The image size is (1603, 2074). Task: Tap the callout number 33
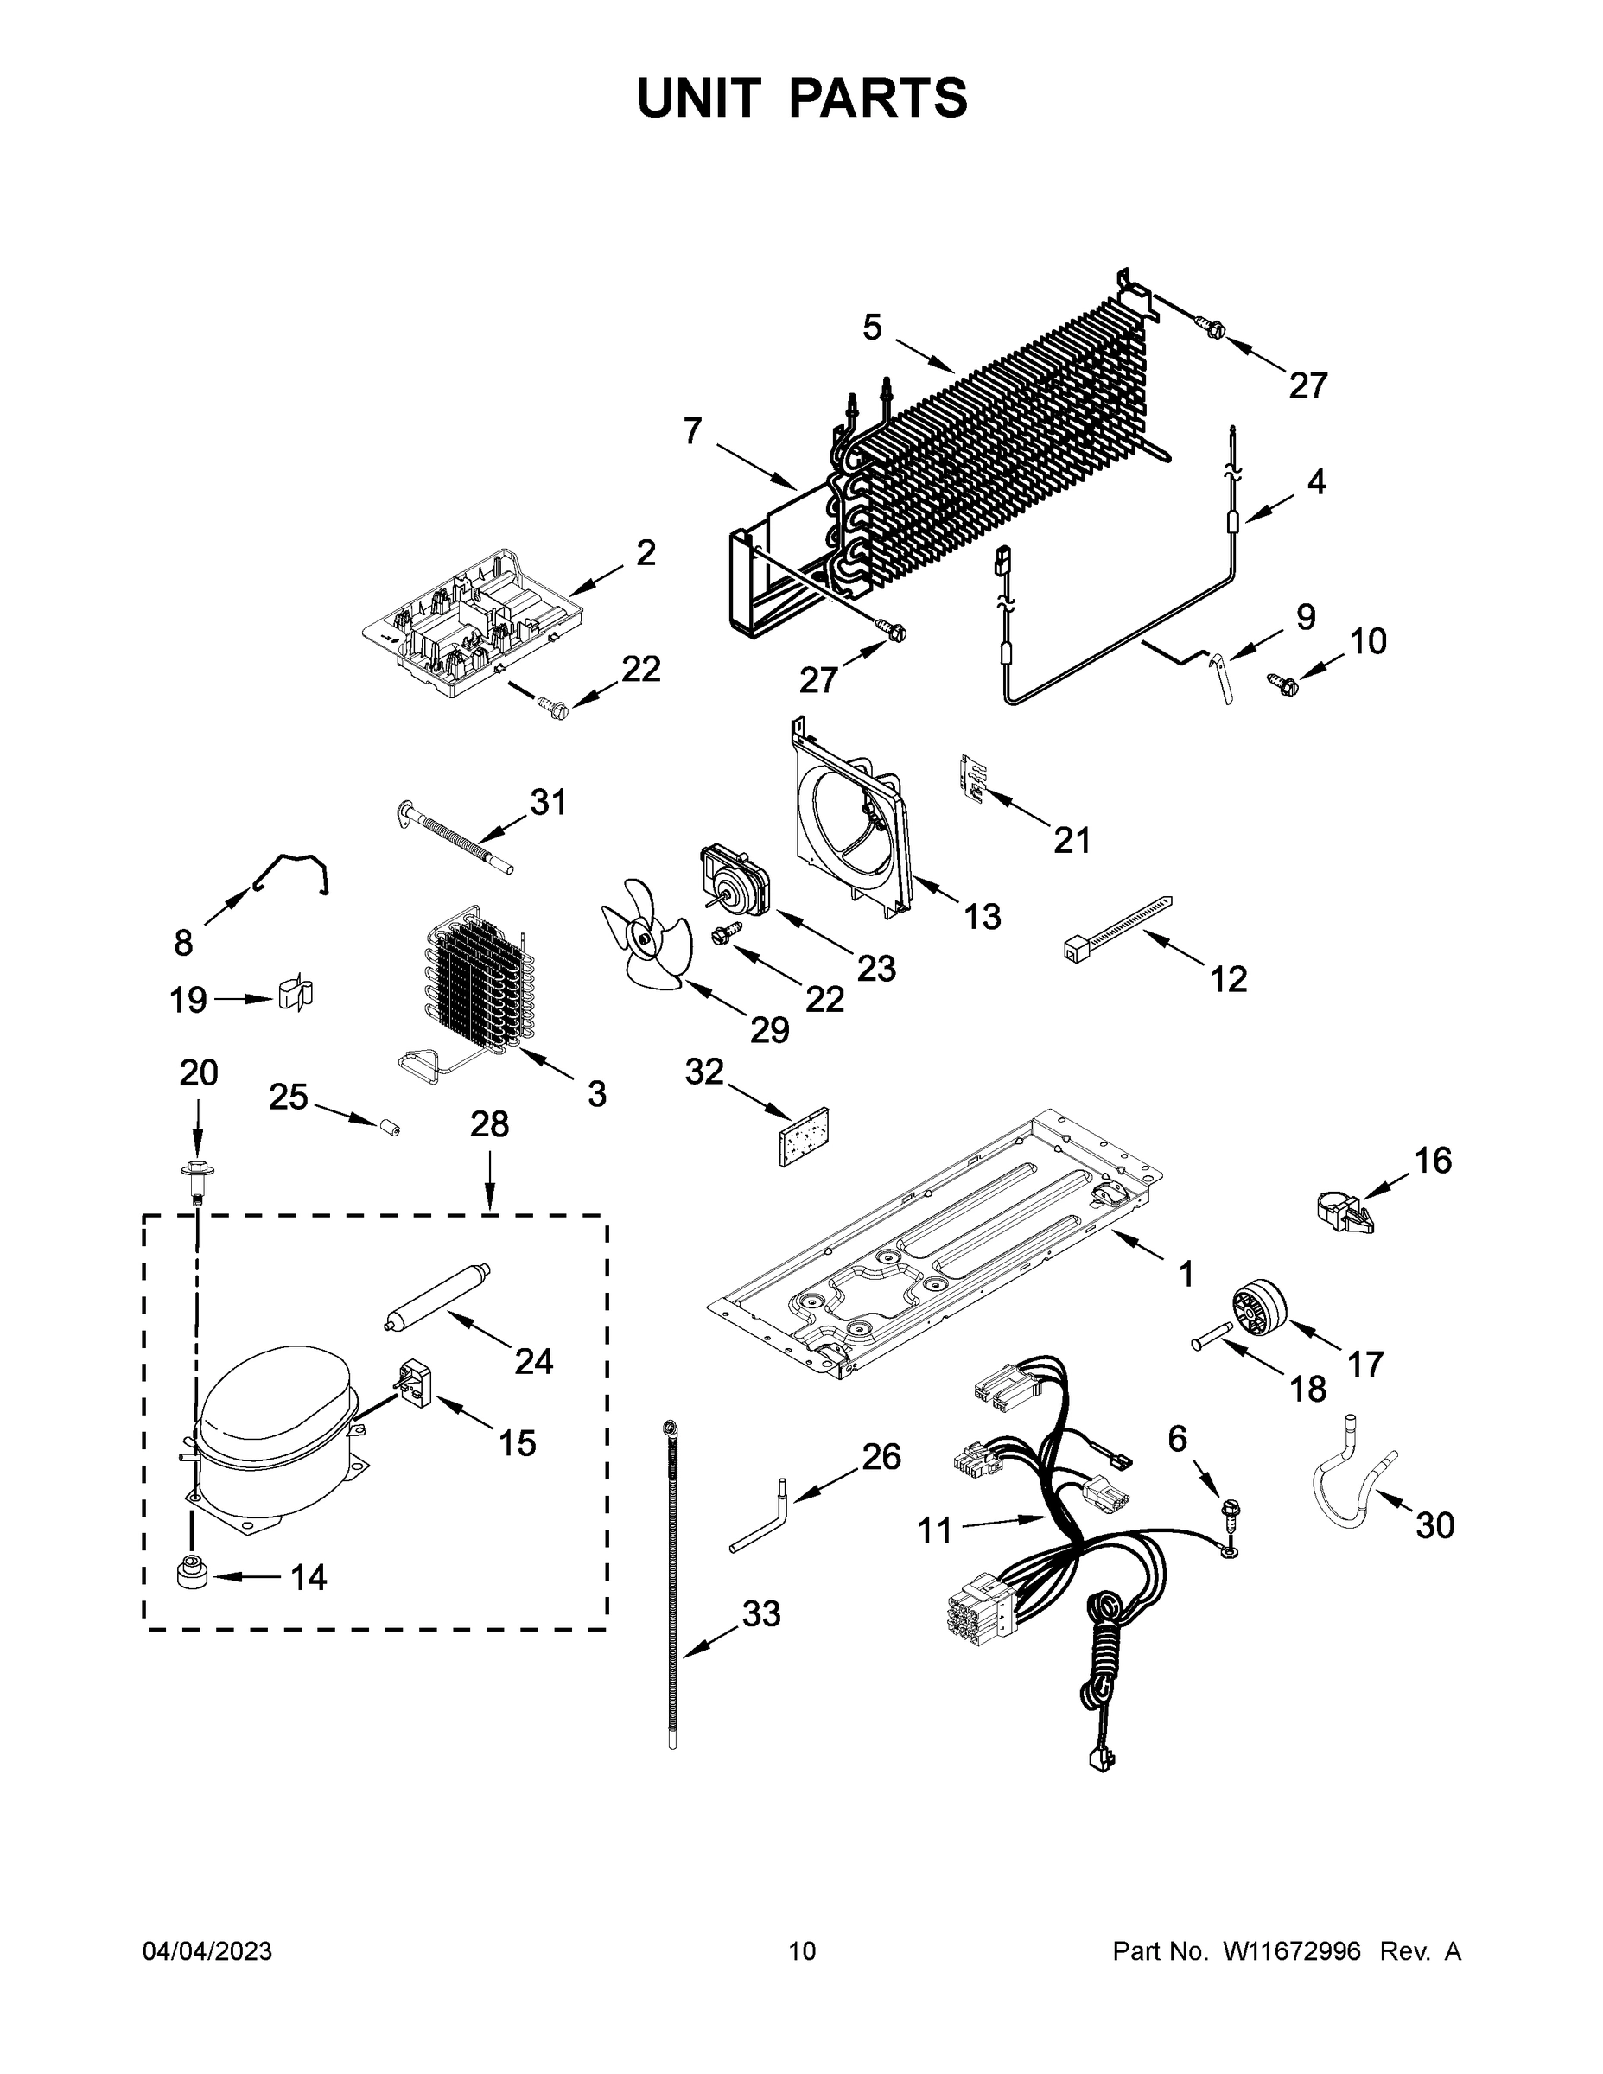point(760,1613)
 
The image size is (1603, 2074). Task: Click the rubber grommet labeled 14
point(192,1575)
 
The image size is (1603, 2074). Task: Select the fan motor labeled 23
point(733,881)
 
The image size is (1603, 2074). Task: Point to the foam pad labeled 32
point(804,1136)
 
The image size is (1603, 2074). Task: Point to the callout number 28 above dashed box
point(489,1124)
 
